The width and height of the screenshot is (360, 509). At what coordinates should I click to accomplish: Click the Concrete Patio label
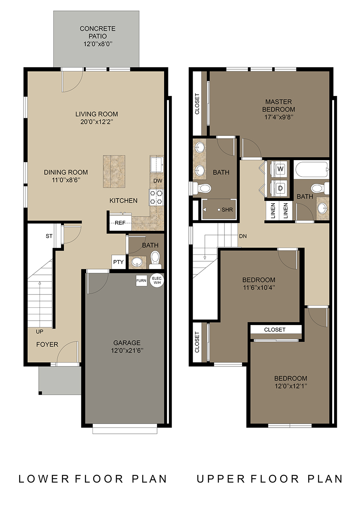[x=98, y=32]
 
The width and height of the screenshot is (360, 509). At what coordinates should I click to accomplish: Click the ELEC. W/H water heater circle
[x=157, y=280]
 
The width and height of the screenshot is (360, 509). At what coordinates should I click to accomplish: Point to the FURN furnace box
[x=141, y=281]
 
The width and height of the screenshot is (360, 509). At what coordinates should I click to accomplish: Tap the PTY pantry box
[x=118, y=262]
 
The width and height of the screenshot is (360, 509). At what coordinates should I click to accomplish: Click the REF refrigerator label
[x=120, y=223]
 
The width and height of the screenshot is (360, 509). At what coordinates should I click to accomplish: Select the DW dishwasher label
[x=158, y=180]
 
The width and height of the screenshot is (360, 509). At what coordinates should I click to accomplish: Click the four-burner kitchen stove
[x=156, y=197]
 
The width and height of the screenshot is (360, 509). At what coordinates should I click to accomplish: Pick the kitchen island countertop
[x=114, y=171]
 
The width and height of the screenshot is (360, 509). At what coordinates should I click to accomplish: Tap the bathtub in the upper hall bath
[x=311, y=169]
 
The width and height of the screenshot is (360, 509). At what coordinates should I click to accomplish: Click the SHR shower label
[x=227, y=209]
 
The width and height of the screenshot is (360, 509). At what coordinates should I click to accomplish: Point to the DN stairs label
[x=243, y=236]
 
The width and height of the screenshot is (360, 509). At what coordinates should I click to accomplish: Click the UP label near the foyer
[x=40, y=332]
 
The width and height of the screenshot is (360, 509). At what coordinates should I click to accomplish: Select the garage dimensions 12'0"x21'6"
[x=127, y=350]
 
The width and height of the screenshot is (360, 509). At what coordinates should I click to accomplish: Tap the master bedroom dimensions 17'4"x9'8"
[x=279, y=117]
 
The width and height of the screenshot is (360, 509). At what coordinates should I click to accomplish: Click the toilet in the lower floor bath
[x=156, y=260]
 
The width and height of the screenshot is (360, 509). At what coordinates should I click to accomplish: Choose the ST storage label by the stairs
[x=49, y=236]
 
